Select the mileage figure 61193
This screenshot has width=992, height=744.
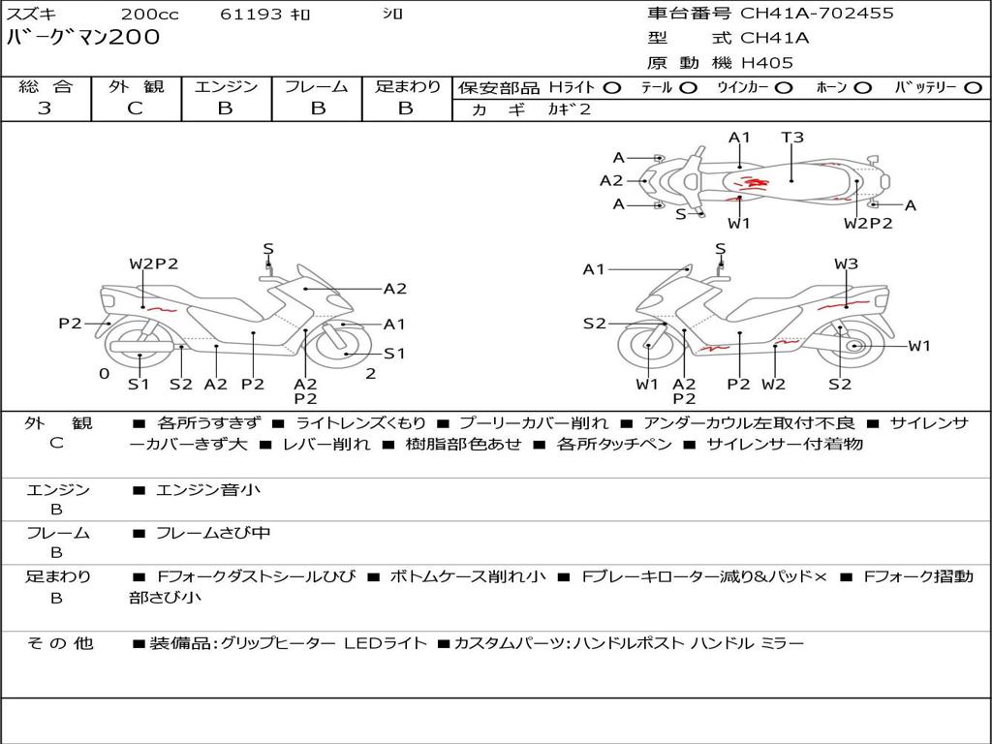251,15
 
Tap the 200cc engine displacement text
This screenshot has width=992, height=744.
150,15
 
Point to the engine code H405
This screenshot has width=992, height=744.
767,63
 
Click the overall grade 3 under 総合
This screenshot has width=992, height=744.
45,108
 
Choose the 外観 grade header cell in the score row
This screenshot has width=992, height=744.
136,87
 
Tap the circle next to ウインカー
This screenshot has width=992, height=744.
784,87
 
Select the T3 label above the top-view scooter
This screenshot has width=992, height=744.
792,138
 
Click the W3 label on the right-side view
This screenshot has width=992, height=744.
846,263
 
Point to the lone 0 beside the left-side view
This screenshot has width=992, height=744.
104,373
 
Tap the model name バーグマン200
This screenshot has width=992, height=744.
83,38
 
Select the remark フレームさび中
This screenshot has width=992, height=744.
213,533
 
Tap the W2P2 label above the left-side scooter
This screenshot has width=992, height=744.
154,263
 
